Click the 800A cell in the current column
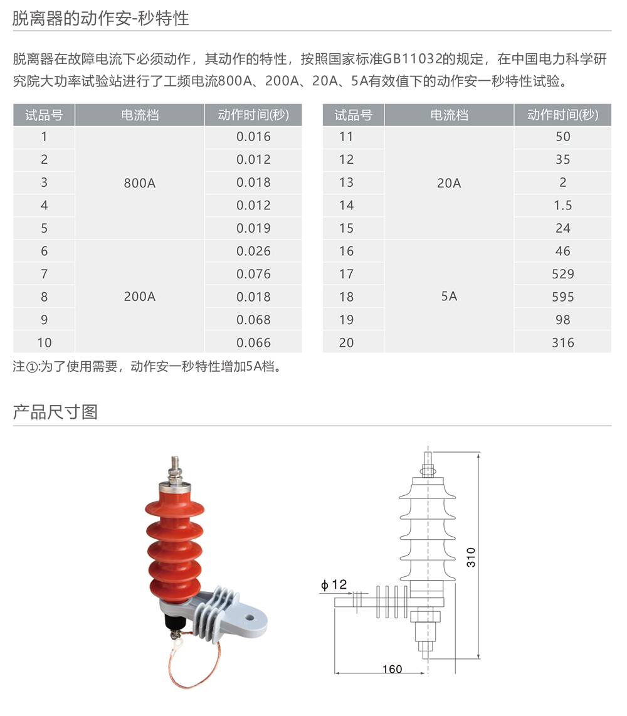tap(140, 182)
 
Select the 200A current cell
tap(140, 297)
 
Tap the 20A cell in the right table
tap(449, 182)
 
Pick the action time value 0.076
tap(253, 274)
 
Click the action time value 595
tap(562, 297)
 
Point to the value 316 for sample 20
tap(562, 342)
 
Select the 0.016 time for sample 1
tap(253, 137)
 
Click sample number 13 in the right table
tap(346, 182)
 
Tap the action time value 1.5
tap(562, 205)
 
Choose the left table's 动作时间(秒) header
tap(253, 115)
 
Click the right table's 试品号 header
tap(353, 115)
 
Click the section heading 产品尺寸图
tap(55, 412)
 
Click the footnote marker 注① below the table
tap(26, 367)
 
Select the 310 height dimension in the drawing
tap(471, 556)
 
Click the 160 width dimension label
tap(392, 669)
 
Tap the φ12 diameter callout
tap(334, 584)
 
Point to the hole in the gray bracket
tap(250, 618)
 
